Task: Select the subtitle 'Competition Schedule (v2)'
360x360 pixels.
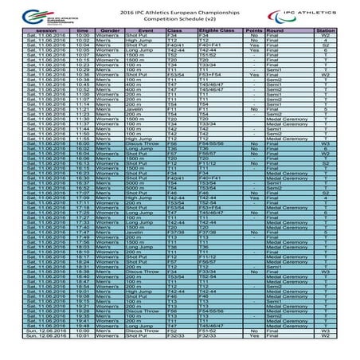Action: pos(180,20)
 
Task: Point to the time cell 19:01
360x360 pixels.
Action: pos(82,292)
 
